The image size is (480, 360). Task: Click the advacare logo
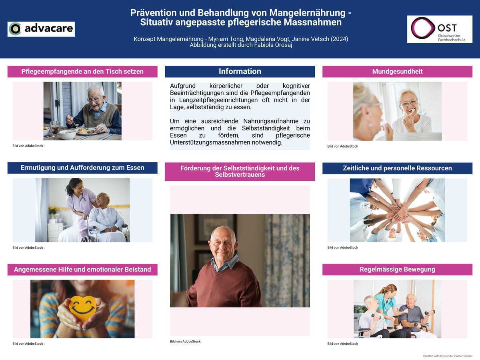tap(41, 29)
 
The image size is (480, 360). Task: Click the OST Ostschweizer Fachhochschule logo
tap(440, 29)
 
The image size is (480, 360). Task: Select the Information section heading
tap(240, 72)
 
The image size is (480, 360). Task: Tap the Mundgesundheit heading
tap(397, 72)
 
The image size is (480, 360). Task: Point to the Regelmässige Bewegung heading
tap(397, 269)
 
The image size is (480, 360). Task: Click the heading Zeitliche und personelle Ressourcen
tap(397, 168)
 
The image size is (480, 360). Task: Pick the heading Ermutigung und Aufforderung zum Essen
tap(82, 168)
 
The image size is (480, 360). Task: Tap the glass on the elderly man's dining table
tap(55, 128)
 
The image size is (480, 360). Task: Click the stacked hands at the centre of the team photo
tap(399, 211)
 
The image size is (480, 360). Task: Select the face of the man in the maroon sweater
tap(223, 244)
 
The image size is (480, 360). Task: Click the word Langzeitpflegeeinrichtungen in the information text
tap(218, 100)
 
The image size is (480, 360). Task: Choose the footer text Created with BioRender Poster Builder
tap(448, 356)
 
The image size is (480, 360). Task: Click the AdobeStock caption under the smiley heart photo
tap(28, 344)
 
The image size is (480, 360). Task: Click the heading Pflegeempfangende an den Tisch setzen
tap(82, 72)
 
